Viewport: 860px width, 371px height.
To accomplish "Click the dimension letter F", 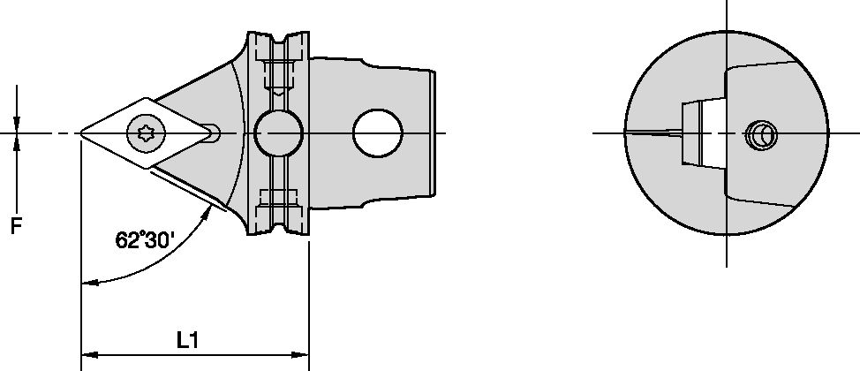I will [17, 227].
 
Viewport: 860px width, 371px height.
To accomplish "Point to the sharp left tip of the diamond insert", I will [82, 133].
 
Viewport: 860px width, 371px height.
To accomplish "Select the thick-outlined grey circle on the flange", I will [278, 133].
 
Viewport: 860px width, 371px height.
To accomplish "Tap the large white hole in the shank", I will [378, 133].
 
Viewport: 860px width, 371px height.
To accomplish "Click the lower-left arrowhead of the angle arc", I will [87, 284].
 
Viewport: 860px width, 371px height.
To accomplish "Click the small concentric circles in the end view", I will [759, 135].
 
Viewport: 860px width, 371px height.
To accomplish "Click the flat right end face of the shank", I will [434, 133].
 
